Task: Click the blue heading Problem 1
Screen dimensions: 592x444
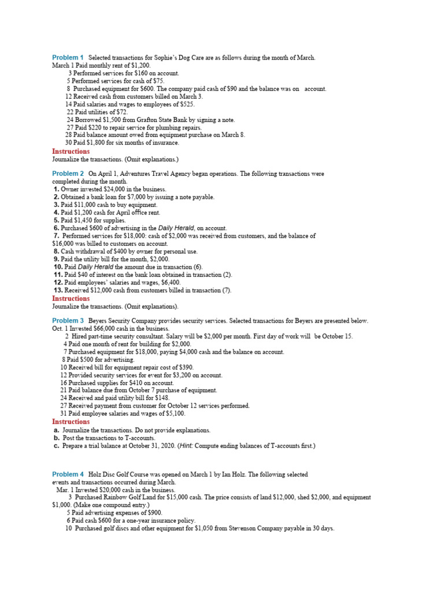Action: pyautogui.click(x=68, y=57)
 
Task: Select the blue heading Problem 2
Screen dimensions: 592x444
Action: pyautogui.click(x=68, y=173)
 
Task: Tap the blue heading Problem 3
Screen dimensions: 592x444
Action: pyautogui.click(x=68, y=320)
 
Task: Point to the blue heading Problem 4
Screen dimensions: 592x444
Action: pyautogui.click(x=68, y=474)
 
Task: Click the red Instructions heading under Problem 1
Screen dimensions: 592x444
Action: pyautogui.click(x=71, y=151)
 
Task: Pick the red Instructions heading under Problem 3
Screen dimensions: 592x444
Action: pyautogui.click(x=71, y=422)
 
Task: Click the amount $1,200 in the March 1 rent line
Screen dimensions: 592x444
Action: pyautogui.click(x=131, y=66)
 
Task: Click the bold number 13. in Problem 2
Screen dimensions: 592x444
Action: pyautogui.click(x=58, y=290)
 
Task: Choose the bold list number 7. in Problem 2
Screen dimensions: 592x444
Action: pyautogui.click(x=57, y=236)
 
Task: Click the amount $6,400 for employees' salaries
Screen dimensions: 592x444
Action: pyautogui.click(x=167, y=283)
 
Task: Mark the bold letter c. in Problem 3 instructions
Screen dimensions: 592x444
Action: pyautogui.click(x=56, y=446)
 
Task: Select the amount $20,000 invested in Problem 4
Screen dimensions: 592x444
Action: pyautogui.click(x=106, y=490)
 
